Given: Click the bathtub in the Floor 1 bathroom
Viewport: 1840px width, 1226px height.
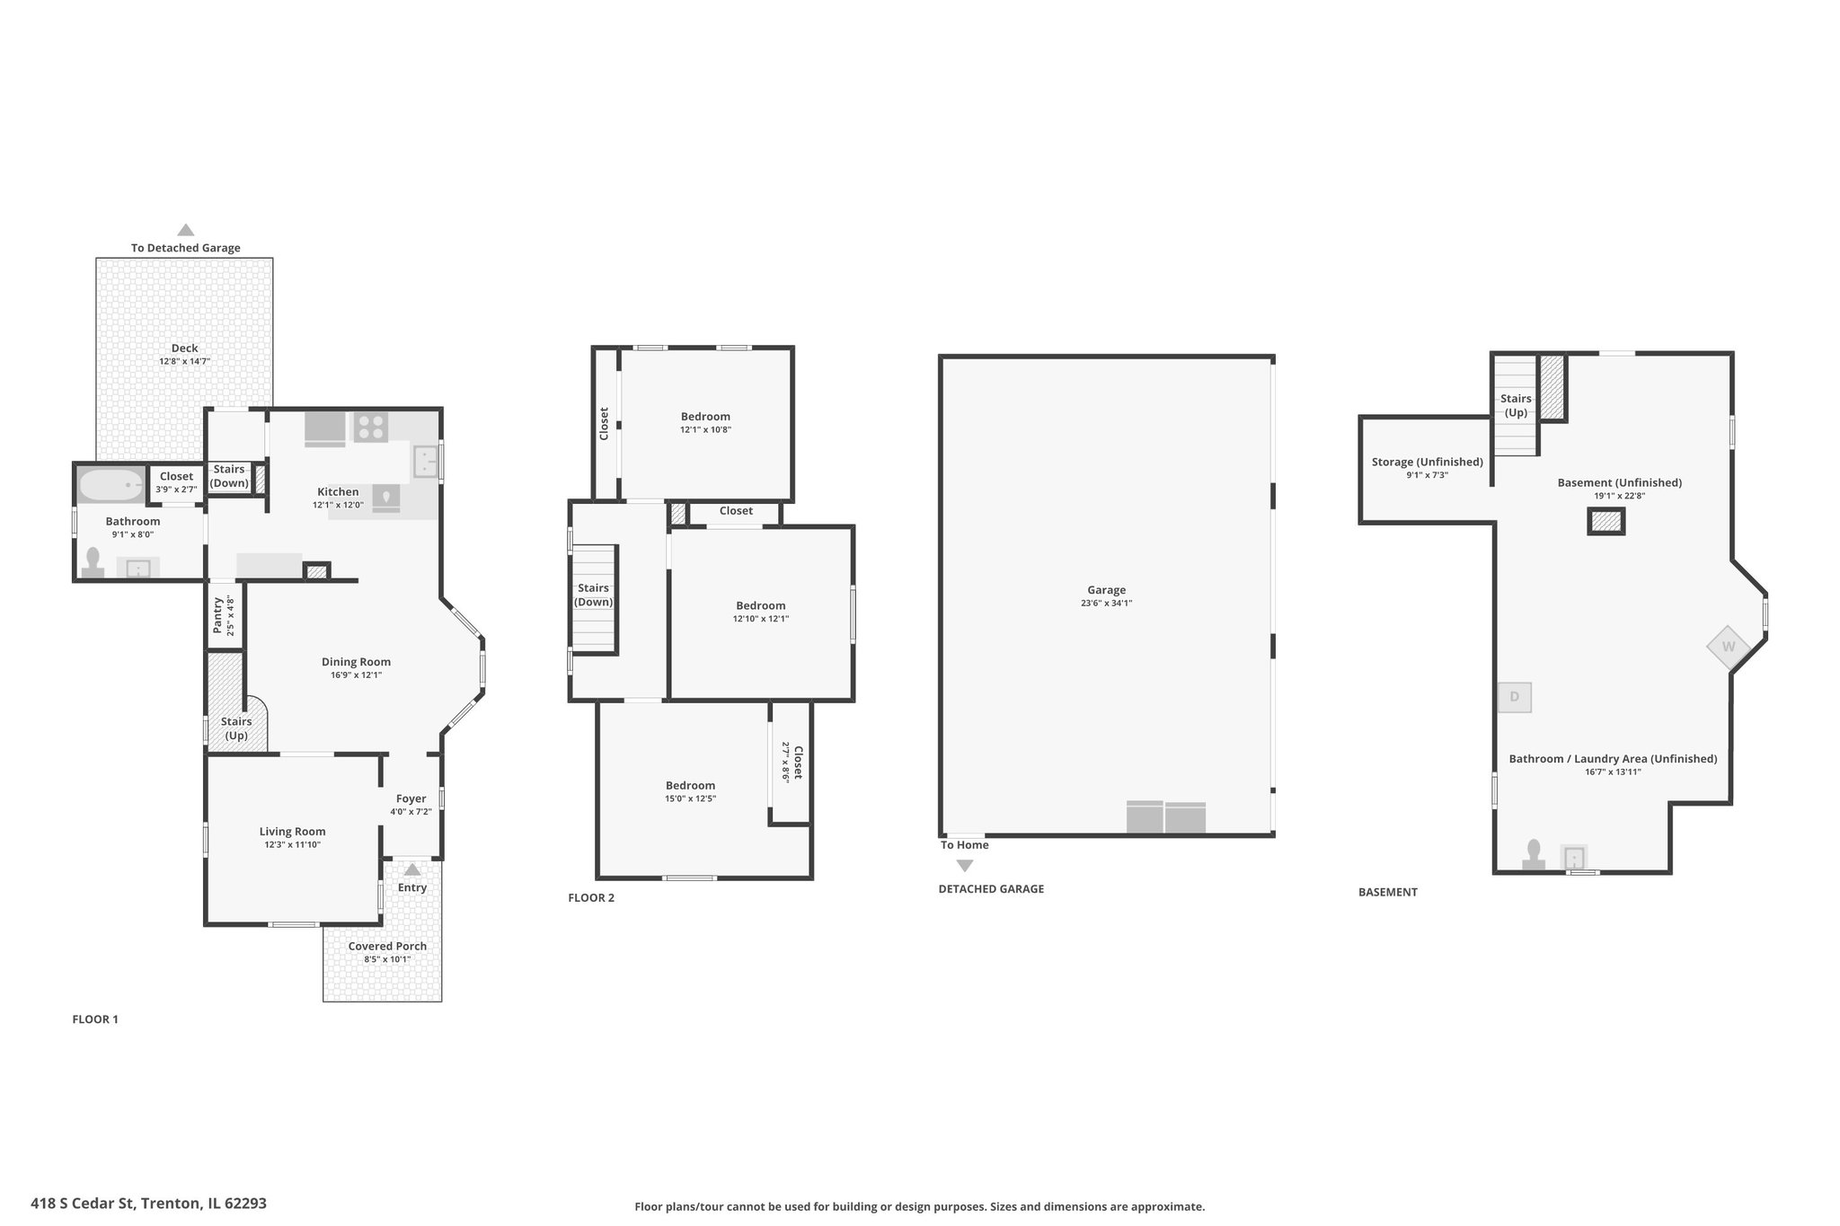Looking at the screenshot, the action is point(111,486).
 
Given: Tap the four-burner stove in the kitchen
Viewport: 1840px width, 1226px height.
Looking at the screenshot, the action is point(370,427).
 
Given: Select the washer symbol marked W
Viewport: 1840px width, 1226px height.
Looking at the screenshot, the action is point(1729,647).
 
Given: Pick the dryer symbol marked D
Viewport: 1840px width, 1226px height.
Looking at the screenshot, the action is point(1515,697).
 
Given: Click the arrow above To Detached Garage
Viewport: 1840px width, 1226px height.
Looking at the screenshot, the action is point(186,230).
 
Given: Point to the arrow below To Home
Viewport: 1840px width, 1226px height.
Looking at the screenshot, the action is point(965,866).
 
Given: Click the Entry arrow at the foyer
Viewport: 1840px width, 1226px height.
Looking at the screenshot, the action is point(412,869).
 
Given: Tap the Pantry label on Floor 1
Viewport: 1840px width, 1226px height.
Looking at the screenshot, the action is point(217,615).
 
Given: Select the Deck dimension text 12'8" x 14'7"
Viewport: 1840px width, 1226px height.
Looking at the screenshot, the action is point(185,361).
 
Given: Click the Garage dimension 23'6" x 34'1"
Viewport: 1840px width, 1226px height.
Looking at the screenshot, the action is point(1107,604).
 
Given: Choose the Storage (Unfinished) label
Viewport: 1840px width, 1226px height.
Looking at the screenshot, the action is point(1428,462).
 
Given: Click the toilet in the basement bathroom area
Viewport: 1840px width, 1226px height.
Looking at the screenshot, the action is point(1534,854).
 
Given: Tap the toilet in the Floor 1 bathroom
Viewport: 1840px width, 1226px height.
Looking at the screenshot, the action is point(93,562).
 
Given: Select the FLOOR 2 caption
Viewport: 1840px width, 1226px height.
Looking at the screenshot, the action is point(591,897).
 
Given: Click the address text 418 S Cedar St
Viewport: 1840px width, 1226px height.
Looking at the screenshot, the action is point(83,1202).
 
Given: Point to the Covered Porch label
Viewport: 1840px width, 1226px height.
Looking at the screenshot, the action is point(388,946).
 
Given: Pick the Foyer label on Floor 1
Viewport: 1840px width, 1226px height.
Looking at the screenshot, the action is point(411,798).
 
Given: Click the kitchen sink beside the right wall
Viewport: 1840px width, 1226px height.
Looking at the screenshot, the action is point(426,462).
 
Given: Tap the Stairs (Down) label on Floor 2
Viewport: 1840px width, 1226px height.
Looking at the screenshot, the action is point(594,595).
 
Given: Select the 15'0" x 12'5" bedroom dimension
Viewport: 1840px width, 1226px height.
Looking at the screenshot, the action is point(691,798).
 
